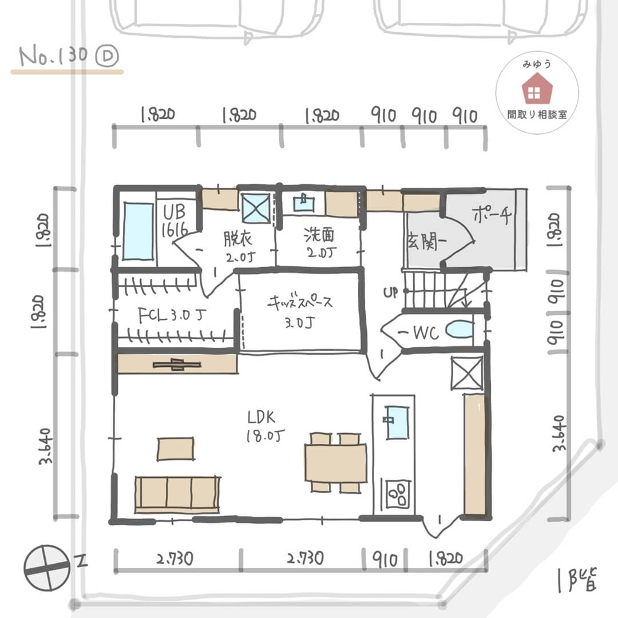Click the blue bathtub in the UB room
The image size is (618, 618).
tap(138, 231)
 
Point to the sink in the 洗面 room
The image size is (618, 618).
tap(304, 203)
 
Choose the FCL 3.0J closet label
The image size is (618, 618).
tap(172, 315)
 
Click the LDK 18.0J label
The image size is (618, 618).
tap(265, 426)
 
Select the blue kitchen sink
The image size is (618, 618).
tap(397, 422)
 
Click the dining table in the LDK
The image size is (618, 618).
tap(336, 463)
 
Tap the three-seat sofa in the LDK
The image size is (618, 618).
tap(177, 494)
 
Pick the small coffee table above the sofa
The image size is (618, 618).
tap(176, 449)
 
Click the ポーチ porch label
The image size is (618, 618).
tap(492, 215)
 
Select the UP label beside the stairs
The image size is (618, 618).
tap(390, 292)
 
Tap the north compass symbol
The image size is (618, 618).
tap(47, 568)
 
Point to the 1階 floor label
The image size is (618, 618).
tap(577, 580)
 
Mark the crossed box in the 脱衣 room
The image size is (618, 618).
tap(256, 207)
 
